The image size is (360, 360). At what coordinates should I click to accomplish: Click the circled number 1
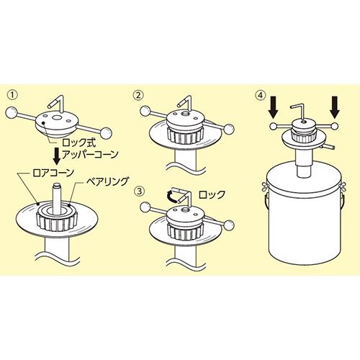pos(12,95)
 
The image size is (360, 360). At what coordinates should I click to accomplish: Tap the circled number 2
pos(138,95)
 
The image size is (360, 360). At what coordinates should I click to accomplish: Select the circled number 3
pos(138,192)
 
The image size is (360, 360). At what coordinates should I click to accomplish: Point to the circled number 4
pos(261,95)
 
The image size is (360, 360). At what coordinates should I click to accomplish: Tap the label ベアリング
pos(107,181)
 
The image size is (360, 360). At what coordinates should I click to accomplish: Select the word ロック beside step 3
pos(212,194)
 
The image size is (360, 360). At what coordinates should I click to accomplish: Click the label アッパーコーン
pos(90,154)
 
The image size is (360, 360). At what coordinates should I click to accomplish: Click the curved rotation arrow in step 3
pos(172,196)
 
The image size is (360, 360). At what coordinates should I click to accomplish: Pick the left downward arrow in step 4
pos(273,107)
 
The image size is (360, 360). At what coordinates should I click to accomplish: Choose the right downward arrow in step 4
pos(335,107)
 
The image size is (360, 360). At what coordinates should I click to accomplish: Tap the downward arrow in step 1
pos(57,156)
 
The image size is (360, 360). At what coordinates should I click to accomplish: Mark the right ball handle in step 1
pos(106,133)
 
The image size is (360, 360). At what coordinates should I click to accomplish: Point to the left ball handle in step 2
pos(145,111)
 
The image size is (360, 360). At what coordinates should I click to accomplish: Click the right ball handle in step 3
pos(229,225)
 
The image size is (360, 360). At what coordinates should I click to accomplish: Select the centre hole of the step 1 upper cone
pos(57,117)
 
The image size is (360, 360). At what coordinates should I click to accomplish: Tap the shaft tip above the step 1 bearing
pos(57,186)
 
